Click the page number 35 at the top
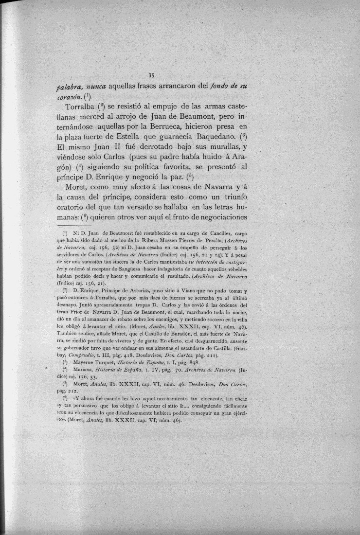point(151,75)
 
